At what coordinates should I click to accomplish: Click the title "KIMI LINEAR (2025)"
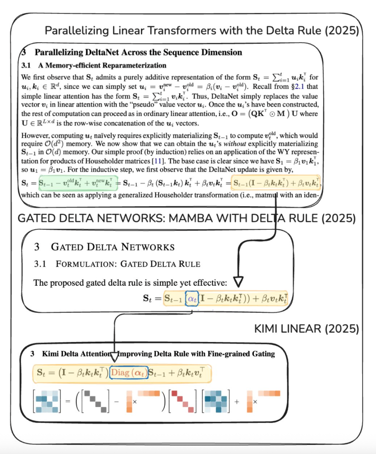[x=306, y=329]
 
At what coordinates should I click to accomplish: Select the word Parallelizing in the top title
[x=77, y=31]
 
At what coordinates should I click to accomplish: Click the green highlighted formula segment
[x=78, y=183]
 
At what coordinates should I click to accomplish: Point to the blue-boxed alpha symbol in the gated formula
[x=192, y=298]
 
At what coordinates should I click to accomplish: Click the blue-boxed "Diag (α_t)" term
[x=129, y=373]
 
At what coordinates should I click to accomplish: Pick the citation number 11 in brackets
[x=158, y=161]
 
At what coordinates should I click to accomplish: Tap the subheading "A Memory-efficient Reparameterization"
[x=102, y=65]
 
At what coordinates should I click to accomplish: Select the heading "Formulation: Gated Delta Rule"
[x=128, y=264]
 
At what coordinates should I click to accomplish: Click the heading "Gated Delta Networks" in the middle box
[x=113, y=247]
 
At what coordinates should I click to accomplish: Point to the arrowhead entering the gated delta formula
[x=238, y=282]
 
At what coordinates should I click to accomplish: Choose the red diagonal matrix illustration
[x=182, y=401]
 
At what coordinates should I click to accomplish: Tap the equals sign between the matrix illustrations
[x=68, y=401]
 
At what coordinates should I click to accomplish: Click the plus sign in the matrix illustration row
[x=237, y=401]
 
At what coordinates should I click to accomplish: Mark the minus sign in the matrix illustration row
[x=116, y=401]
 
